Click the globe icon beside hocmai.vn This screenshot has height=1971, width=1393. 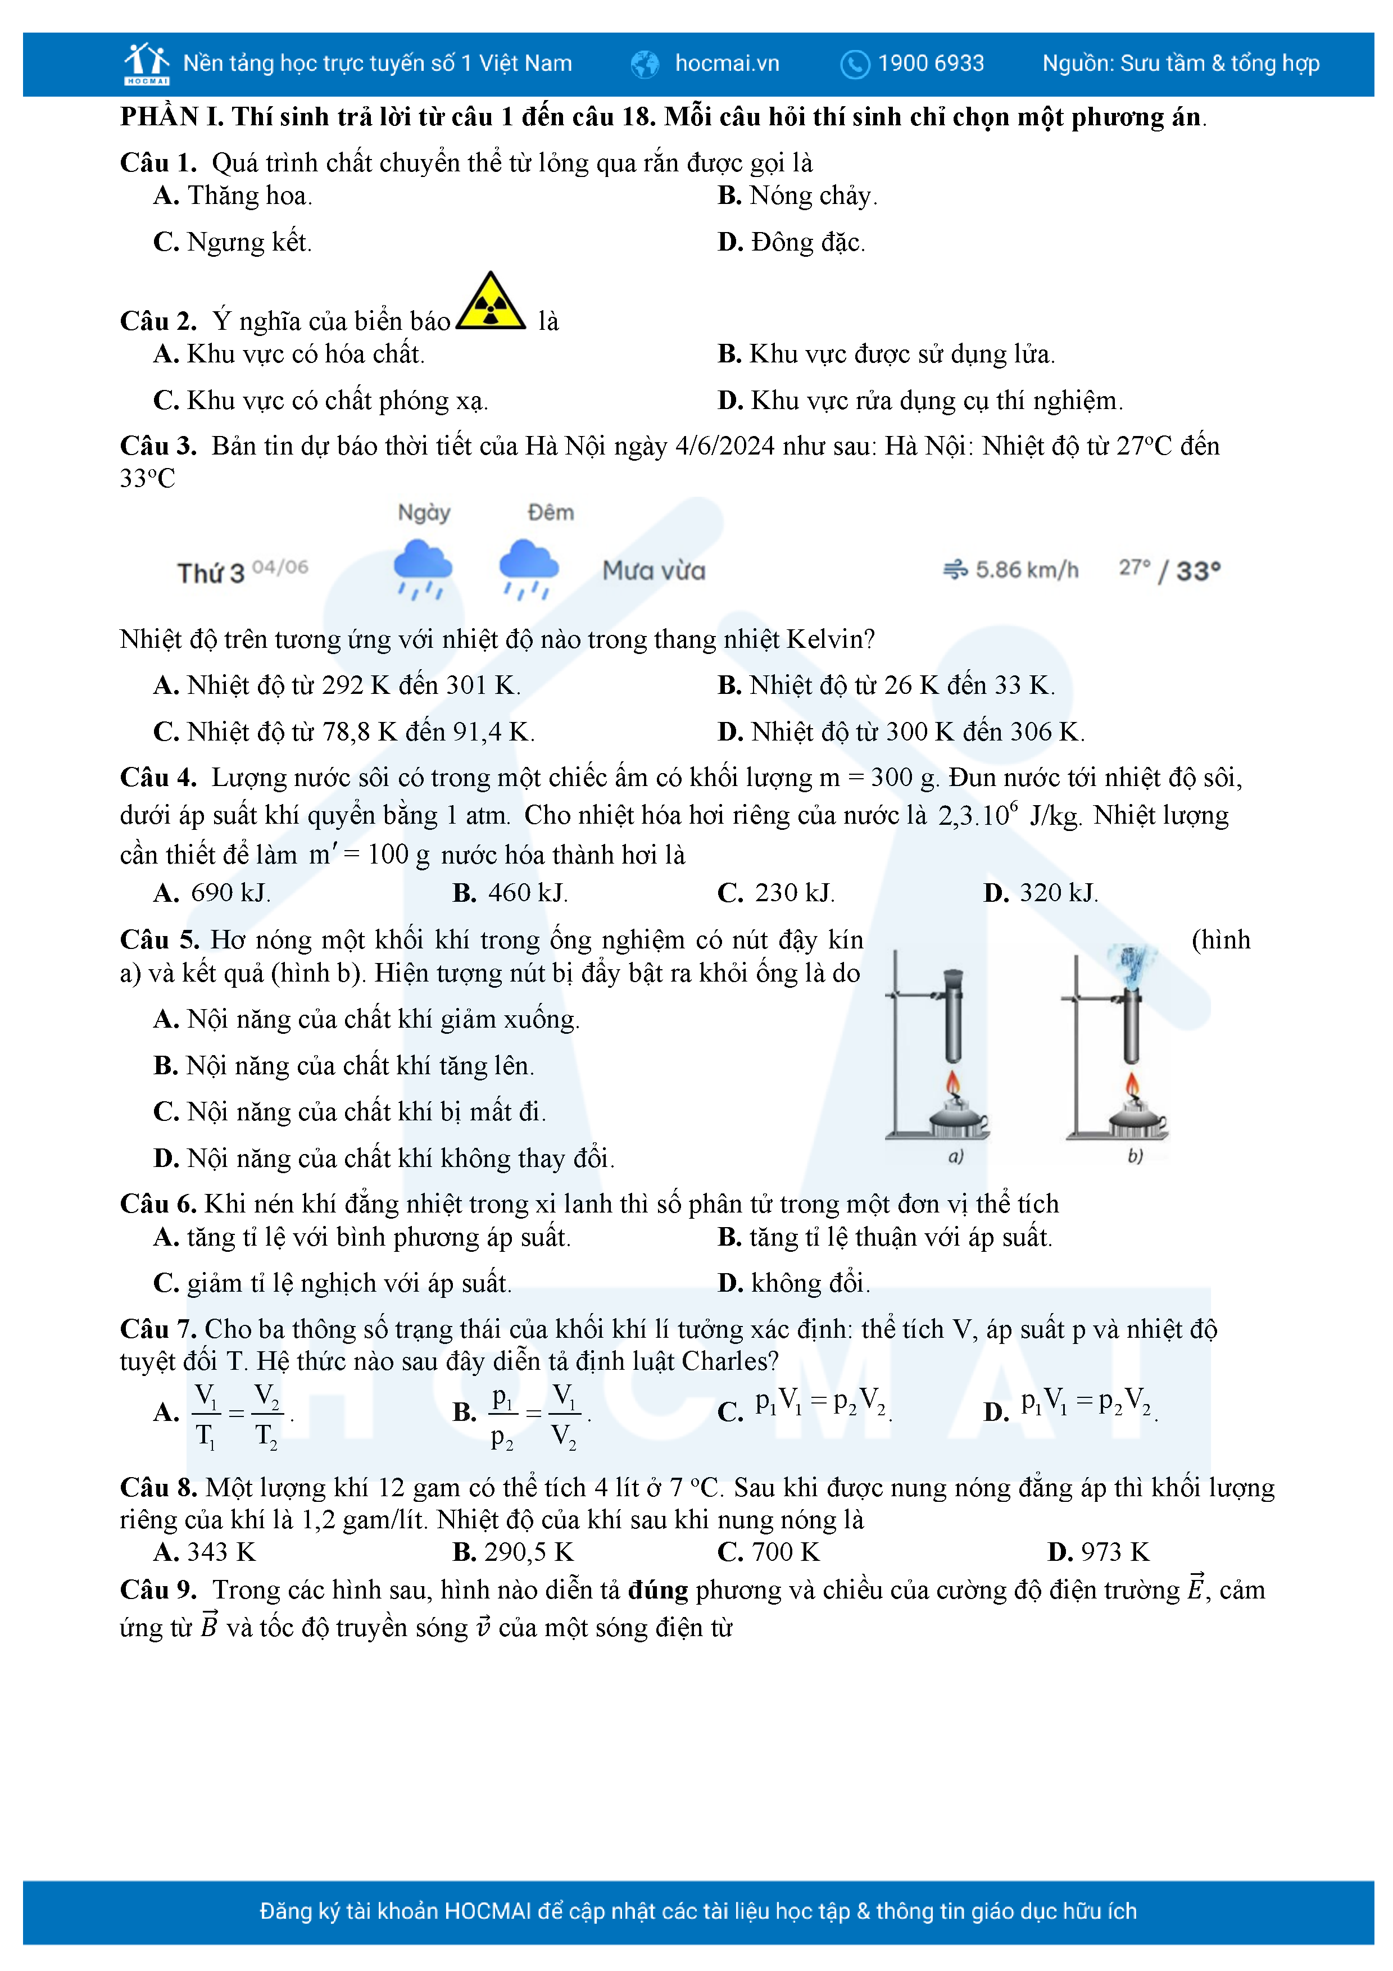pyautogui.click(x=645, y=63)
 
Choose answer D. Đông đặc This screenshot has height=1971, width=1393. pyautogui.click(x=791, y=242)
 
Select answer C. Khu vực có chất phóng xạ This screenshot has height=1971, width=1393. pyautogui.click(x=320, y=400)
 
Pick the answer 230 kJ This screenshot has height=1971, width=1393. pyautogui.click(x=776, y=893)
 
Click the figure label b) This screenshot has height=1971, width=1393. pyautogui.click(x=1135, y=1156)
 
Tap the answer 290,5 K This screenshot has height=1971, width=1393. pyautogui.click(x=513, y=1551)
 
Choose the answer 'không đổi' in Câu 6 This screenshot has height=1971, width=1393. pyautogui.click(x=794, y=1283)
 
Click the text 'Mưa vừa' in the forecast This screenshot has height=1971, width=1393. pyautogui.click(x=654, y=570)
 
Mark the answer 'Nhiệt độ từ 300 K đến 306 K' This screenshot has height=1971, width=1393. pyautogui.click(x=901, y=732)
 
